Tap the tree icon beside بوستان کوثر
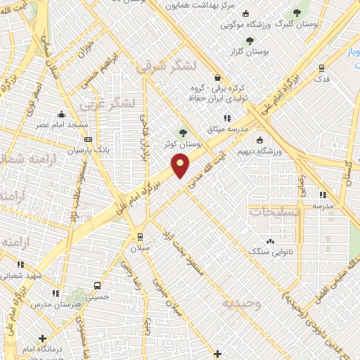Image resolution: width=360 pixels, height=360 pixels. (x=184, y=131)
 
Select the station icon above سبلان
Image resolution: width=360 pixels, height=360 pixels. (x=140, y=236)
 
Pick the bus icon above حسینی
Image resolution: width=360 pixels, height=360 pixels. (x=97, y=286)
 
